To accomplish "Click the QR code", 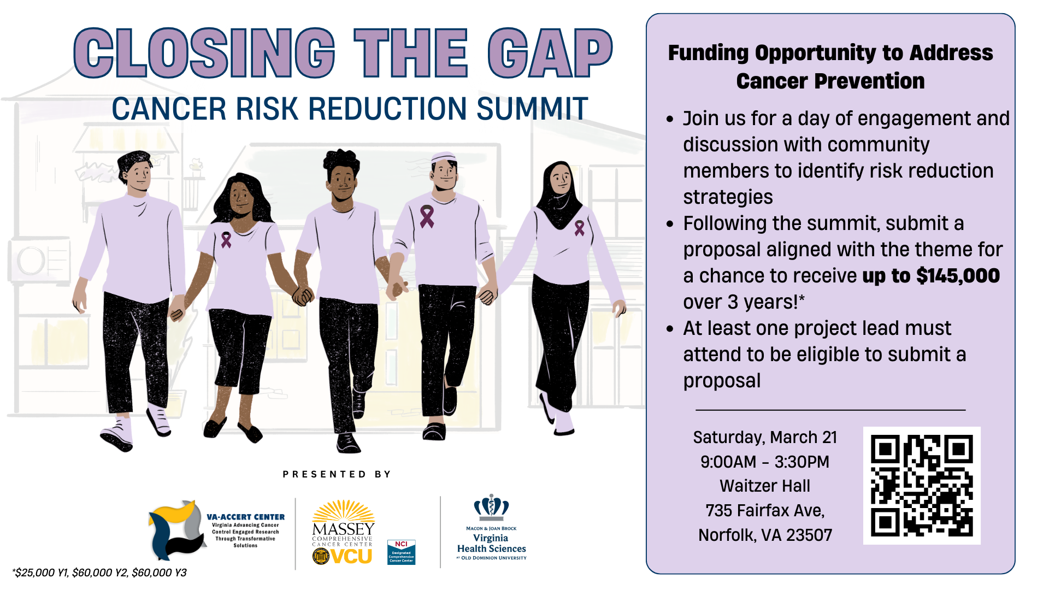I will [x=922, y=485].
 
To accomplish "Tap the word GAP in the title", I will [x=550, y=54].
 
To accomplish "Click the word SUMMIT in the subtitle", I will [x=532, y=109].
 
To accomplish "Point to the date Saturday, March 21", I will [x=765, y=438].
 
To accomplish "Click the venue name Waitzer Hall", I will [x=765, y=486].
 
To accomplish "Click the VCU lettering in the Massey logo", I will [x=351, y=557].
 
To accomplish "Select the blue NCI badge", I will [x=401, y=552].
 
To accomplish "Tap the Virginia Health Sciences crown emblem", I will [x=491, y=506].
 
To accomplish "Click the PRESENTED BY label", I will [x=337, y=474].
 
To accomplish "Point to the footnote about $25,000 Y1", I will [x=100, y=573].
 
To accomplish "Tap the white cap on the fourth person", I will [x=444, y=157].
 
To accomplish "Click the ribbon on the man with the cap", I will [x=426, y=216].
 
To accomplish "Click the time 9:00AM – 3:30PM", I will [x=765, y=462].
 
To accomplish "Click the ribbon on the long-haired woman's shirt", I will [x=226, y=239].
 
